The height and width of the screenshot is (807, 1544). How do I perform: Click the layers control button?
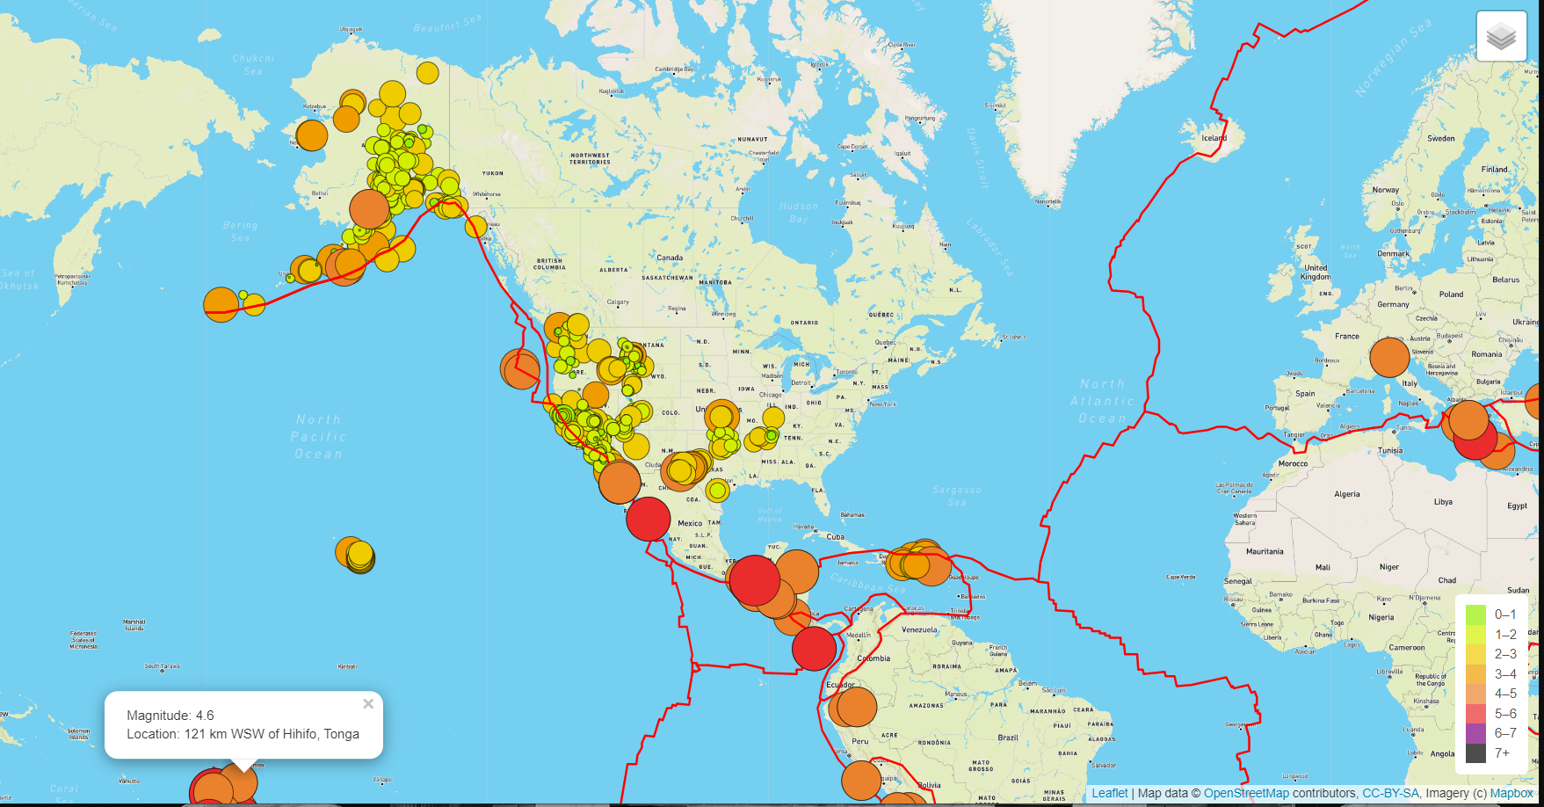click(1501, 37)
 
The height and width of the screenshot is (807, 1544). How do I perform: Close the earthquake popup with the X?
click(368, 703)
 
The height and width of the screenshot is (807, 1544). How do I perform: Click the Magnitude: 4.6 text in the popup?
click(170, 716)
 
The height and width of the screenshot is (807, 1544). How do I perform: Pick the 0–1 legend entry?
click(1504, 614)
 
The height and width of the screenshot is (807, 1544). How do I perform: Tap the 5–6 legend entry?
click(1504, 713)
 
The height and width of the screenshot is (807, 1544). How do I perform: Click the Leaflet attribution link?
click(1109, 793)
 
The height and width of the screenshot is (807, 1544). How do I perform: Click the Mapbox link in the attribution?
click(1511, 793)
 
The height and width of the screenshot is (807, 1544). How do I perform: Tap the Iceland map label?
click(1214, 138)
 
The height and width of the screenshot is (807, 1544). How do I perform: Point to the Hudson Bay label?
click(798, 213)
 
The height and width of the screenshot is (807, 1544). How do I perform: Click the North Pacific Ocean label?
click(318, 436)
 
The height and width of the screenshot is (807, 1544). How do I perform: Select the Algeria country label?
click(1346, 494)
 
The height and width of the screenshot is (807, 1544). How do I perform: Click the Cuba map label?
click(835, 536)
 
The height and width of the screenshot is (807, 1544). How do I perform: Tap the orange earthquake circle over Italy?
click(1388, 357)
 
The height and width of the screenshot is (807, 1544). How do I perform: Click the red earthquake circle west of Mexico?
click(649, 518)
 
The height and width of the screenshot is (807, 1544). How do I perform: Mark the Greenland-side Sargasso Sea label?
click(956, 496)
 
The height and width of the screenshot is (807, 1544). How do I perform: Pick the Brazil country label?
click(1007, 738)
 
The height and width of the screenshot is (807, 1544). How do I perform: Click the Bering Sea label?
click(240, 231)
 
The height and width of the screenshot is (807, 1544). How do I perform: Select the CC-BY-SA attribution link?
click(1390, 793)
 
